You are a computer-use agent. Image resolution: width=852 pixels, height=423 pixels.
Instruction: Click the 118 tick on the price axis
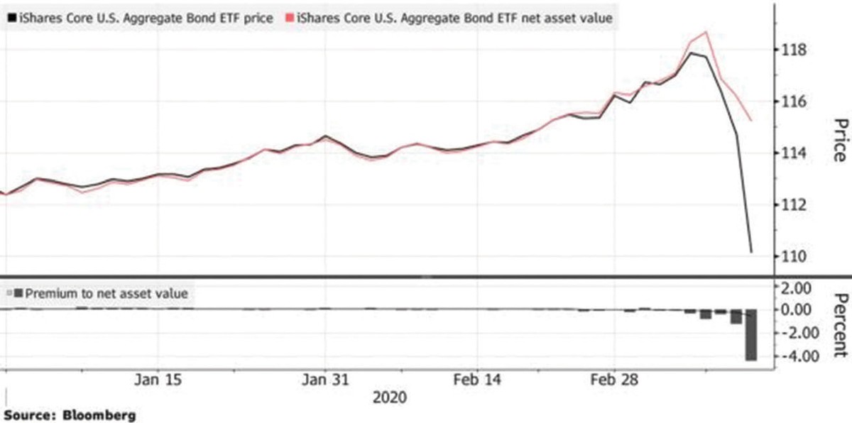coord(794,50)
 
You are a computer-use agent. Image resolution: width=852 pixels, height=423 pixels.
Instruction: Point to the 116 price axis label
coord(794,102)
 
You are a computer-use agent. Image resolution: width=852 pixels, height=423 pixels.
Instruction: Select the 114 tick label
coord(794,153)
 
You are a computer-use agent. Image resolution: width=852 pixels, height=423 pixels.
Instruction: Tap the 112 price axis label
coord(794,205)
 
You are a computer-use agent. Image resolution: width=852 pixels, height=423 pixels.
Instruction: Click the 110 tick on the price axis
coord(794,256)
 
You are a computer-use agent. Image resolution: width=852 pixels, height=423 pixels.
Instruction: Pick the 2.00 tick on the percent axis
coord(794,288)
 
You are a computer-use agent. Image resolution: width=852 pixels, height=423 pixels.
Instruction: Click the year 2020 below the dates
coord(390,397)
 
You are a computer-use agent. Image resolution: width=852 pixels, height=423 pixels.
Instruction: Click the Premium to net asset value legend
coord(97,292)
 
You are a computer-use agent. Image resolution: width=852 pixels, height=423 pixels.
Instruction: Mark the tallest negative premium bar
coord(750,334)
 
